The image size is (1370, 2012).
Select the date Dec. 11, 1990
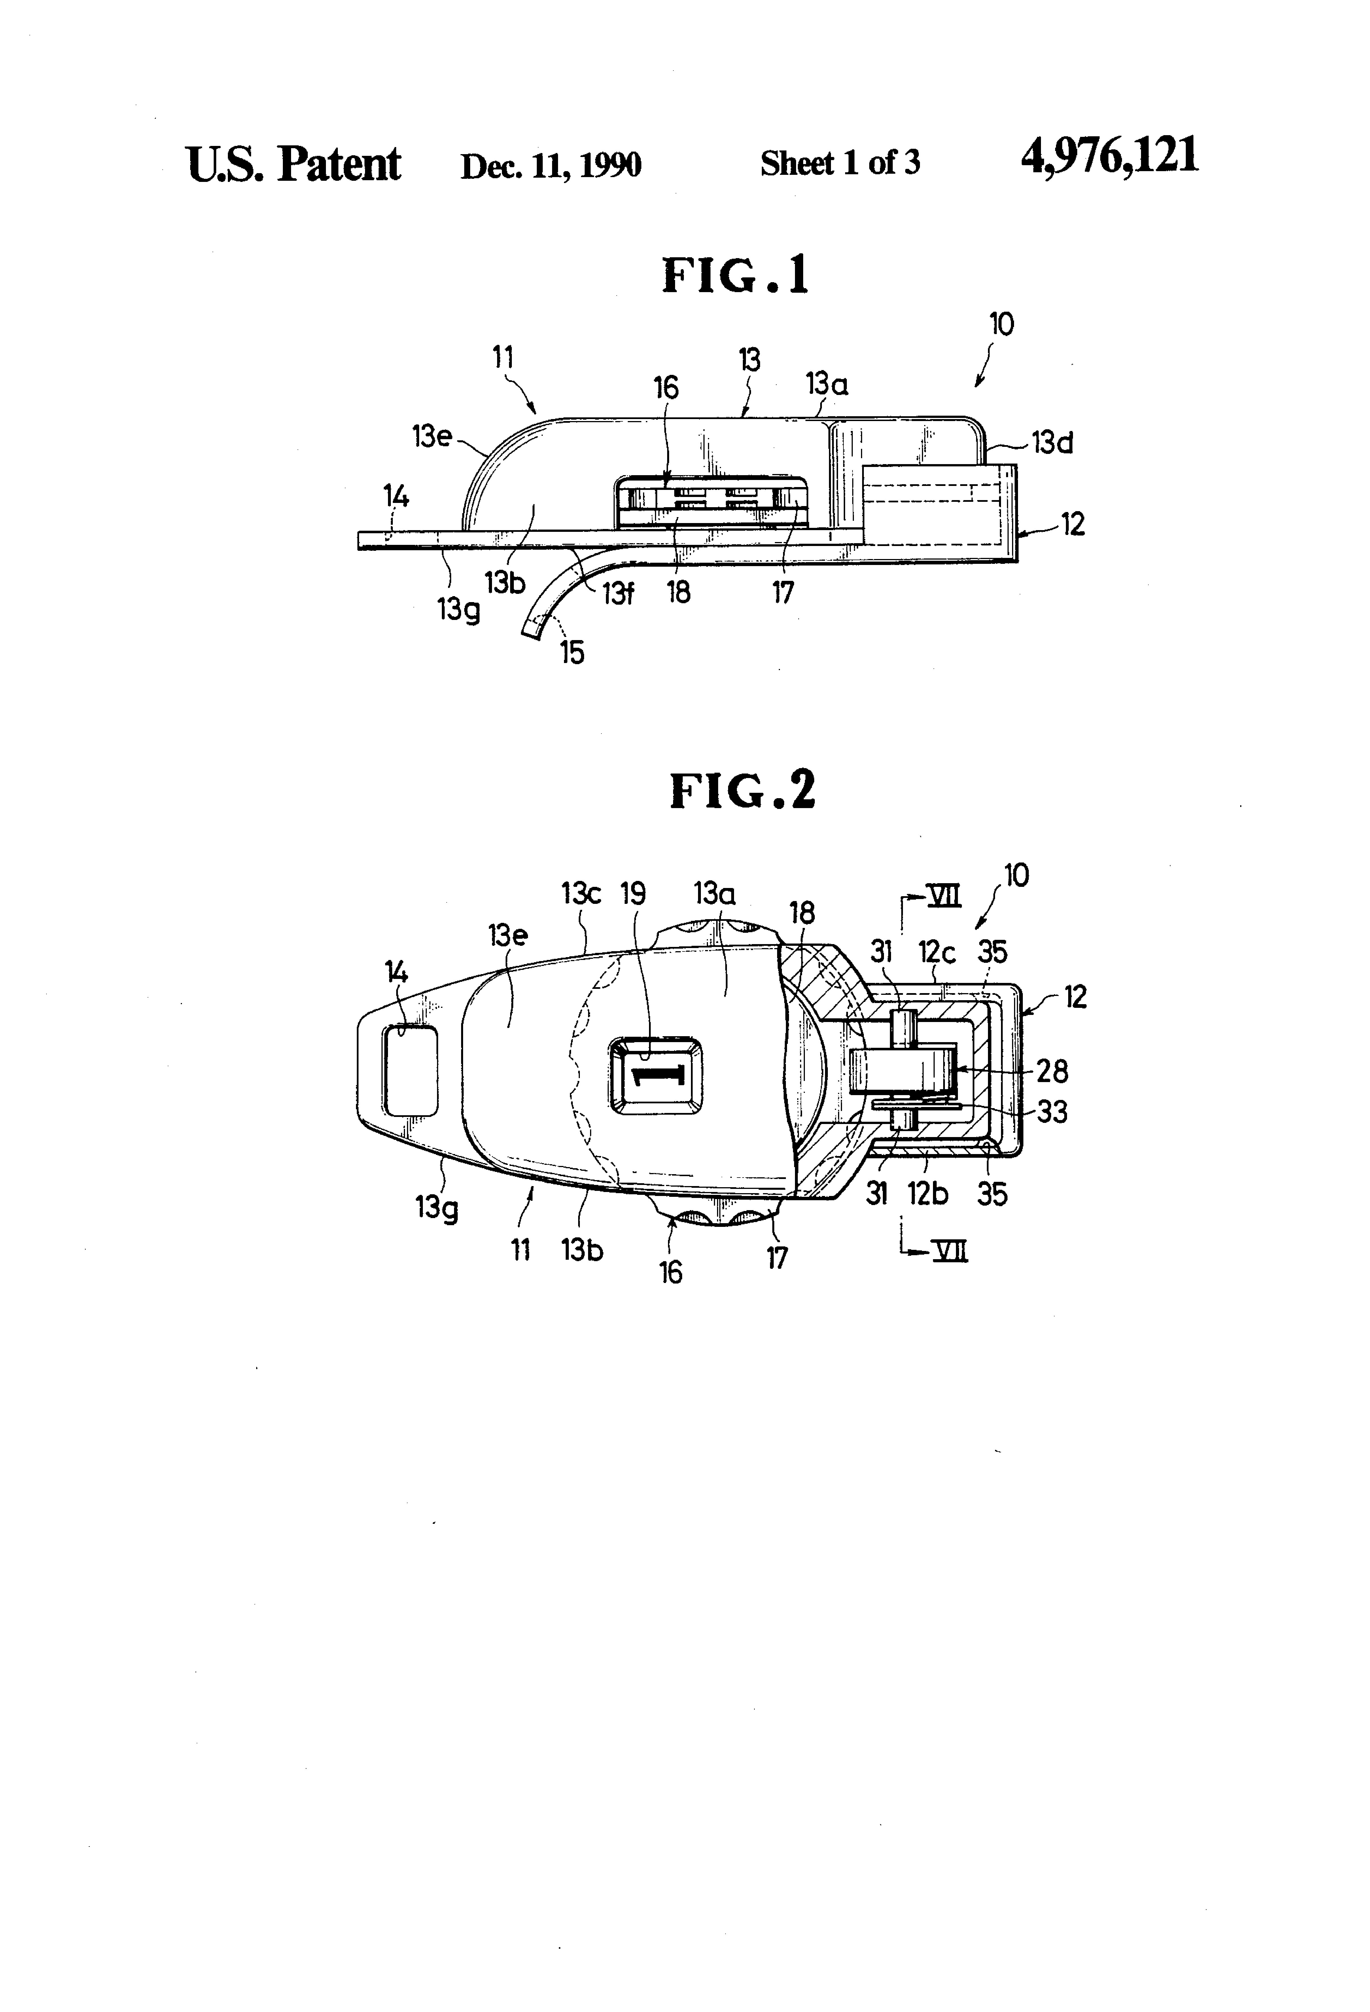551,165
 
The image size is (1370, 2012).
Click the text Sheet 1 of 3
840,163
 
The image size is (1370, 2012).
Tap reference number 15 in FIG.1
572,652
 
